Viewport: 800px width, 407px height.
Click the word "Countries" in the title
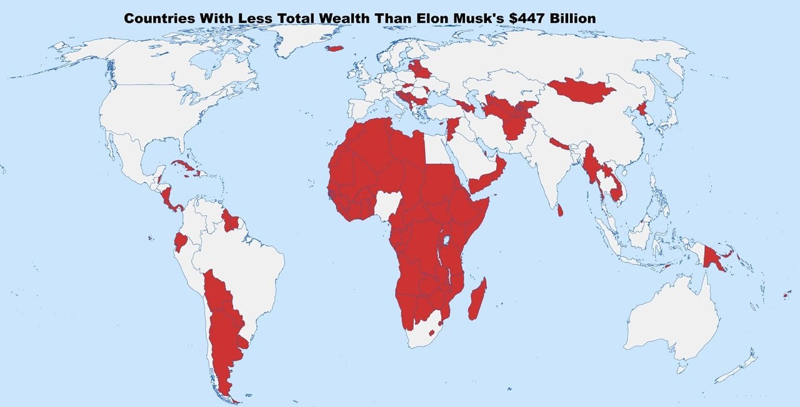pos(159,19)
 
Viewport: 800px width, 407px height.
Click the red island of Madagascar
pos(477,299)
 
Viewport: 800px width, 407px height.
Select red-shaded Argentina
pos(225,331)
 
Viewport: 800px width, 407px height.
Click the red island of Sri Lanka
pos(560,211)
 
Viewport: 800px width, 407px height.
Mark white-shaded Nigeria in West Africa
pos(387,203)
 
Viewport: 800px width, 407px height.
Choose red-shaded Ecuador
pos(181,241)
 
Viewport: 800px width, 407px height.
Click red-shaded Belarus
pos(420,69)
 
